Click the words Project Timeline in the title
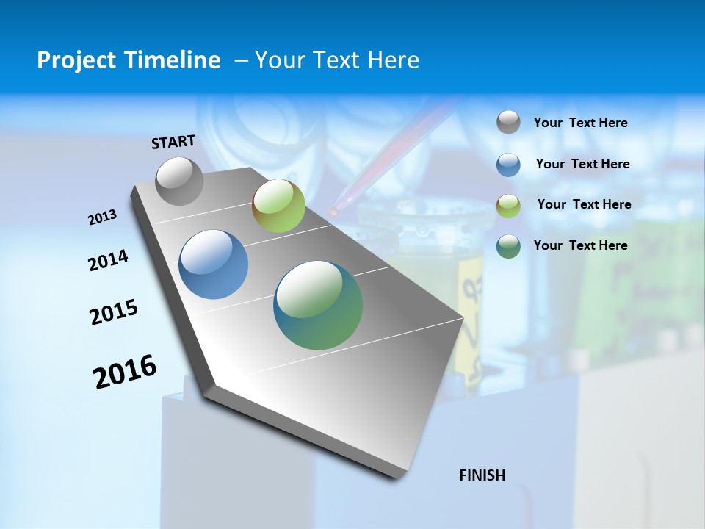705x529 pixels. point(129,60)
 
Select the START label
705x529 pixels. point(173,142)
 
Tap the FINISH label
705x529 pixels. point(482,475)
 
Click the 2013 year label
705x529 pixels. point(102,217)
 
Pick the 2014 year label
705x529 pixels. point(108,261)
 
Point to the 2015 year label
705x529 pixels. point(114,312)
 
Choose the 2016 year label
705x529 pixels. point(125,372)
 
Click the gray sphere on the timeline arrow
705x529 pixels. point(179,181)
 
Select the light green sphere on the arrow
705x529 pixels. point(278,206)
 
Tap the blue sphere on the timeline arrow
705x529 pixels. point(214,264)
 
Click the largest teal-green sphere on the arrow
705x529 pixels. point(318,305)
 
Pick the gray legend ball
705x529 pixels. point(508,123)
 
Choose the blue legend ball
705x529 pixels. point(508,165)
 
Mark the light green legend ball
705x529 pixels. point(508,205)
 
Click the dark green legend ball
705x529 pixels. point(508,246)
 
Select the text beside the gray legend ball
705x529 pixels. point(580,123)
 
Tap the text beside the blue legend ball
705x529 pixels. point(582,164)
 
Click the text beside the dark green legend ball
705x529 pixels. point(580,245)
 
